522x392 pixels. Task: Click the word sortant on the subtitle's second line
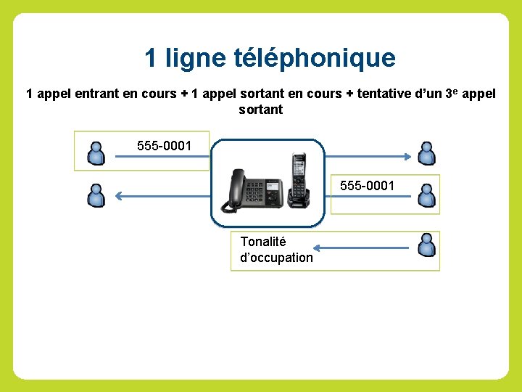pos(260,110)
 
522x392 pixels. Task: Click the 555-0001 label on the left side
pos(165,147)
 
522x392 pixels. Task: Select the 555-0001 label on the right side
pos(368,186)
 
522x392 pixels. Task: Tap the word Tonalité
pos(263,242)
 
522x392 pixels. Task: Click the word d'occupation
pos(276,258)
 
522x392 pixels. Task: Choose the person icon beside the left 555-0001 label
pos(96,152)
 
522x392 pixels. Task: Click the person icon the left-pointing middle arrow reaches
pos(96,195)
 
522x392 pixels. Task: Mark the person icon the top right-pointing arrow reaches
pos(427,153)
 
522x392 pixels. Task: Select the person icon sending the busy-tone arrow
pos(427,245)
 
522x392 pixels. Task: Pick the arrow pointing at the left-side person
pos(164,195)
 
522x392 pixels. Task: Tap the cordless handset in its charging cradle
pos(298,178)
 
